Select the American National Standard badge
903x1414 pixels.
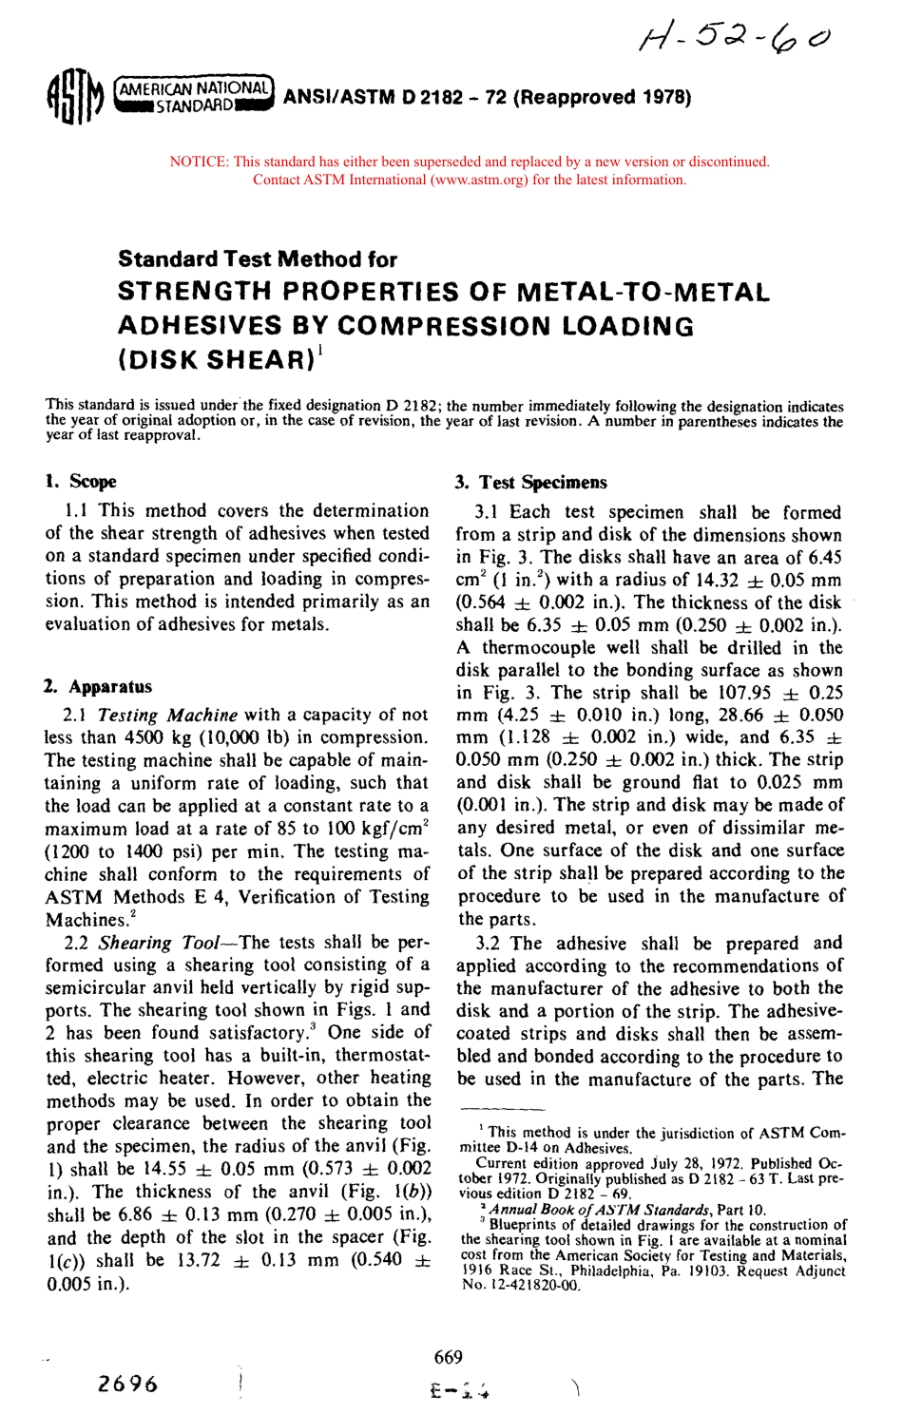(194, 96)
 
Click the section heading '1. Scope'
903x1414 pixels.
(81, 481)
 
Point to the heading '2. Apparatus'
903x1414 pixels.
(98, 686)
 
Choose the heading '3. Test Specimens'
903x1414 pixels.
(530, 482)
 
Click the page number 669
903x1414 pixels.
(448, 1357)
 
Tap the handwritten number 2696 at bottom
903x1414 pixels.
(128, 1383)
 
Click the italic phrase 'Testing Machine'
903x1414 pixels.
(167, 715)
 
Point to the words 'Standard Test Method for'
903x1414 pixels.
(258, 259)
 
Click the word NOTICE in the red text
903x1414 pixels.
(198, 162)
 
